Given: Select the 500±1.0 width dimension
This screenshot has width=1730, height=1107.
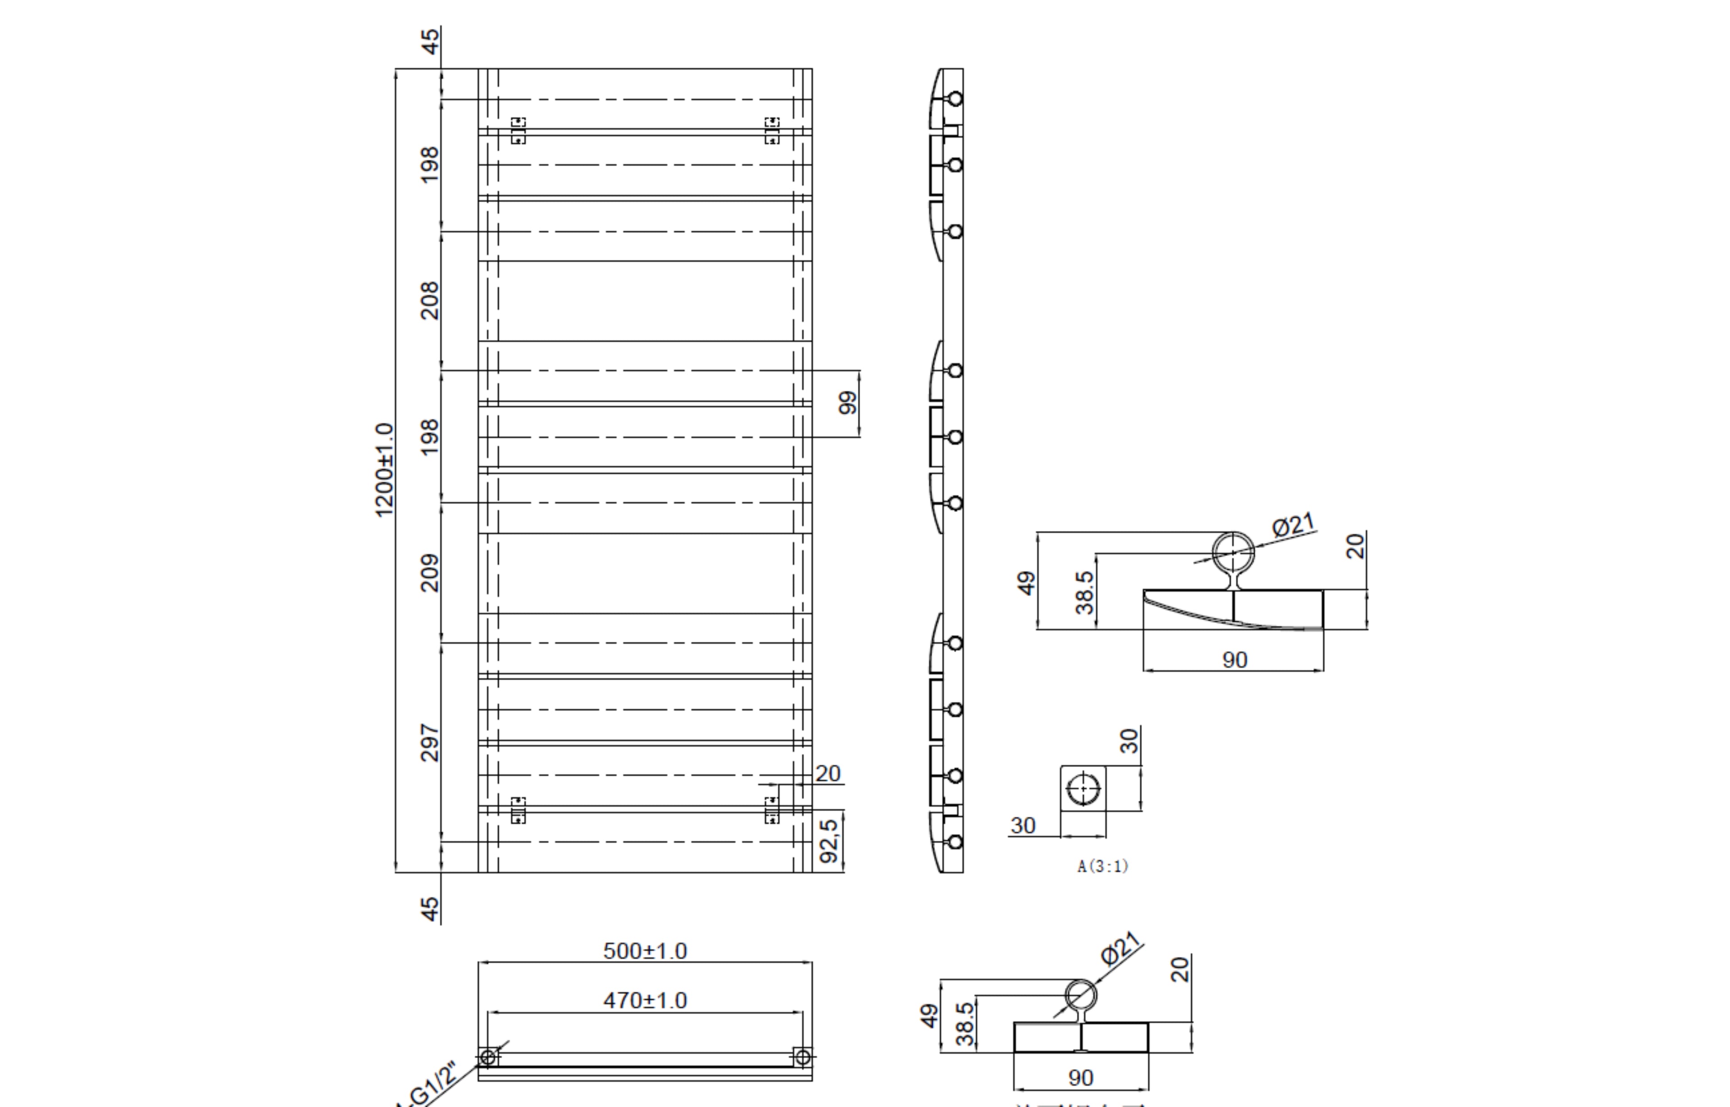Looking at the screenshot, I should (645, 951).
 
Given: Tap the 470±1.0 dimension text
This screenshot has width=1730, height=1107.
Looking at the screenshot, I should (645, 1001).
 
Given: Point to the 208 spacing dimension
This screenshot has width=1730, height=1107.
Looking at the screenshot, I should (429, 300).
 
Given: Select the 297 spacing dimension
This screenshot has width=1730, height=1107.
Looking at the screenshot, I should (429, 743).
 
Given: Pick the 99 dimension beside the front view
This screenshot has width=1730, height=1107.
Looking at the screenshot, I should (848, 403).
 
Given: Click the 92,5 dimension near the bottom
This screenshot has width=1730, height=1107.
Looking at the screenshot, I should (829, 841).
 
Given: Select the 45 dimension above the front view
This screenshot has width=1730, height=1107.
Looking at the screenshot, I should (430, 42).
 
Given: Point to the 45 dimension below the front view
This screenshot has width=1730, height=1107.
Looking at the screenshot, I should (430, 908).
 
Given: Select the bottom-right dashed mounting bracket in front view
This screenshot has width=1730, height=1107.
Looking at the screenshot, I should (772, 810).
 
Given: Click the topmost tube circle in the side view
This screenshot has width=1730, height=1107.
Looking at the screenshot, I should (955, 99).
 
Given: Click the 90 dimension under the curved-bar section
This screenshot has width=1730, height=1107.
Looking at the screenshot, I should (1234, 660).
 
